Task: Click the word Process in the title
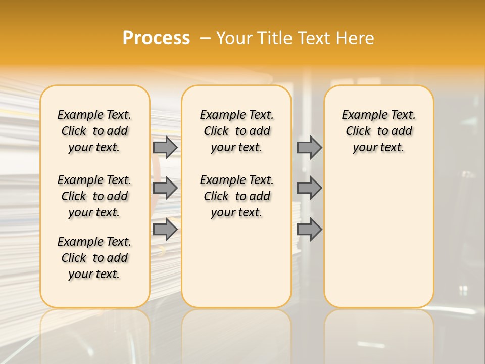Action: [156, 38]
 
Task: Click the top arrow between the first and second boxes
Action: [165, 147]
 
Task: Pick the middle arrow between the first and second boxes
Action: [165, 188]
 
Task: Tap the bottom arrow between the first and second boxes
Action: [165, 229]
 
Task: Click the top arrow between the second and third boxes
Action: [309, 147]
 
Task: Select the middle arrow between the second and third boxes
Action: [309, 188]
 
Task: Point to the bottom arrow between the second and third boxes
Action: [309, 229]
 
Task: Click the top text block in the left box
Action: [94, 131]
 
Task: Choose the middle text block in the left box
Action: [94, 196]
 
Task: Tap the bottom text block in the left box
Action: [94, 258]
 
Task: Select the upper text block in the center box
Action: [236, 131]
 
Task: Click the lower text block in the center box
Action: [236, 196]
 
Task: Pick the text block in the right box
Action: [378, 131]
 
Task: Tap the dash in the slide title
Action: [205, 38]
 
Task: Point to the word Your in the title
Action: [234, 38]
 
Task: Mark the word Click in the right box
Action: [358, 131]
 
